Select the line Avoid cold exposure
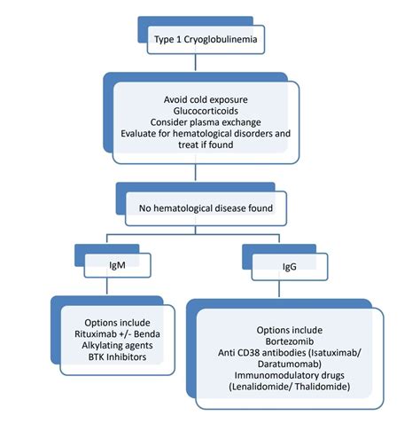pos(206,99)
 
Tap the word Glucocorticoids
pos(206,112)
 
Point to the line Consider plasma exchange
pos(206,123)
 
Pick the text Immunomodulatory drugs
pos(288,377)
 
